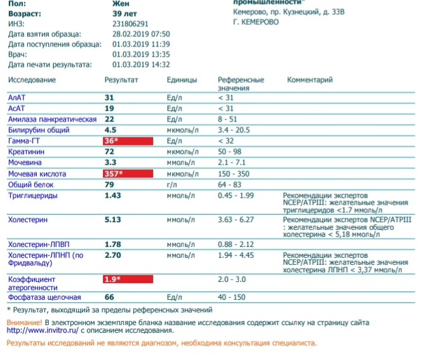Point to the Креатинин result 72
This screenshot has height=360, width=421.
click(109, 152)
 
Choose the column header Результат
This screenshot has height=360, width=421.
click(121, 80)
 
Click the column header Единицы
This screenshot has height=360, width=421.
click(182, 80)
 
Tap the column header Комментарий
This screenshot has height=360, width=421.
click(310, 80)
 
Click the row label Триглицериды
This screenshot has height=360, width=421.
click(32, 196)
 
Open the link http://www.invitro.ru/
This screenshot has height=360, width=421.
click(39, 331)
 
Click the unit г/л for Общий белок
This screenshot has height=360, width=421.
click(171, 184)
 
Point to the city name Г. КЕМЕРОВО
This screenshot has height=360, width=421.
click(257, 22)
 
